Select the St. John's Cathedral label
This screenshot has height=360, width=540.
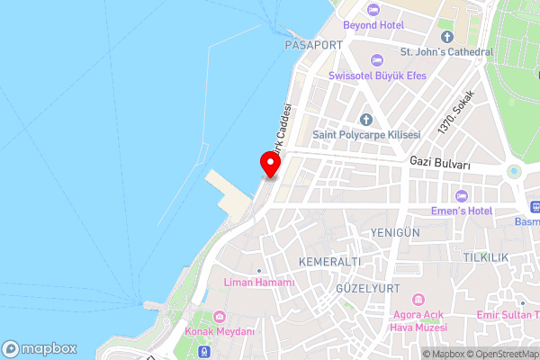tap(446, 52)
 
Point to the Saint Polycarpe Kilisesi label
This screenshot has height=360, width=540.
tap(366, 134)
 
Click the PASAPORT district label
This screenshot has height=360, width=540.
tap(312, 44)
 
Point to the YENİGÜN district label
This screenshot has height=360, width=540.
tap(395, 232)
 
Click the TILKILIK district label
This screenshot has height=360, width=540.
tap(486, 257)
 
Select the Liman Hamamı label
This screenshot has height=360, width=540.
tap(259, 283)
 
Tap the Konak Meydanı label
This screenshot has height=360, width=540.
tap(221, 331)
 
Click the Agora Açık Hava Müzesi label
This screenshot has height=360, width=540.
tap(418, 320)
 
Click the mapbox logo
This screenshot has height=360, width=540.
tap(40, 348)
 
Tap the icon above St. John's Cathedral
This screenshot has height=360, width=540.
tap(447, 36)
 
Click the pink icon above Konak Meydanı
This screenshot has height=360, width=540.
tap(221, 316)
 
